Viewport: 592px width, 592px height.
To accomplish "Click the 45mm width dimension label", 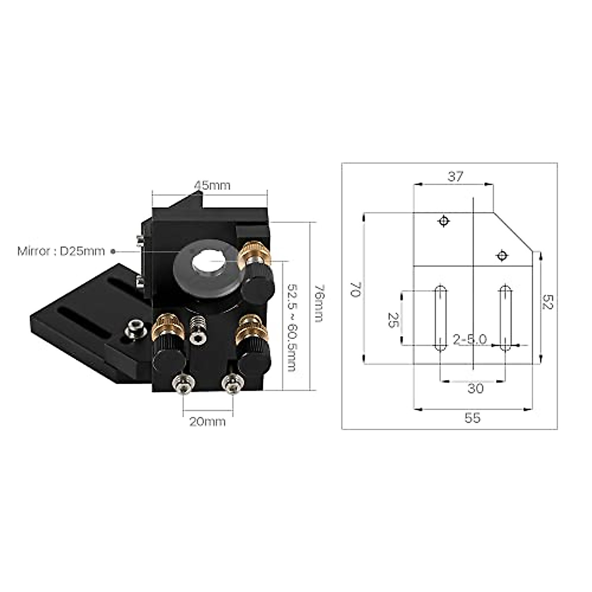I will (x=212, y=185).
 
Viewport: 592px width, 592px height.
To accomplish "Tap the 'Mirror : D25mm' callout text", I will (x=61, y=251).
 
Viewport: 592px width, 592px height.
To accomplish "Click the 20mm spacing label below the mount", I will (x=208, y=422).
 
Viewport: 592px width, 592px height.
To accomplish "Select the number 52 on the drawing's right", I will (x=548, y=302).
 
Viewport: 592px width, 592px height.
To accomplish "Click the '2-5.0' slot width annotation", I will (x=470, y=339).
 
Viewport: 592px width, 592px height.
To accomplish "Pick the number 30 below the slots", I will (x=475, y=389).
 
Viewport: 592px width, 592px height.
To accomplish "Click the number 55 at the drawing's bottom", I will (x=472, y=418).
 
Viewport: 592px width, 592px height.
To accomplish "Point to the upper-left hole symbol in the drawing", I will (x=444, y=221).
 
